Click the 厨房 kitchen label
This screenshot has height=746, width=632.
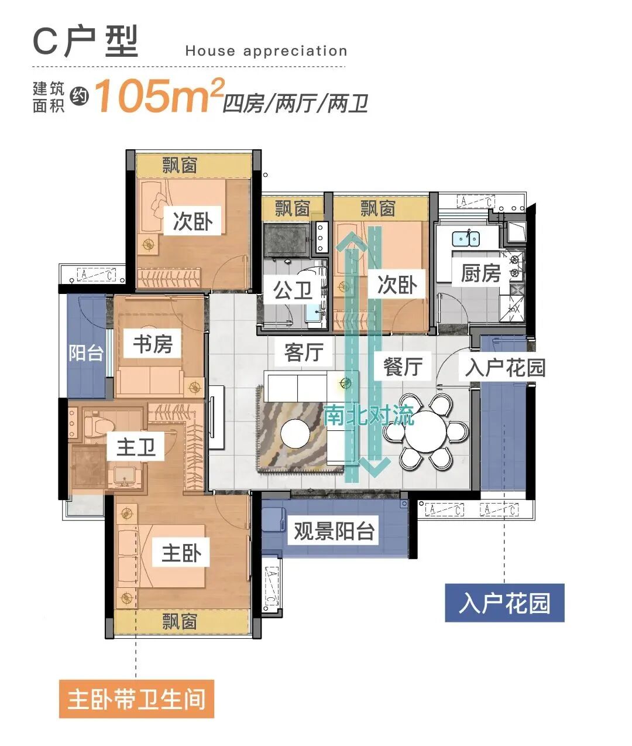point(480,273)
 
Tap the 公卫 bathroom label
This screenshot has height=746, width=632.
point(293,290)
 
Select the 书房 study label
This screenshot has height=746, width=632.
point(152,344)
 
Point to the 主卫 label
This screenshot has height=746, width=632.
point(136,447)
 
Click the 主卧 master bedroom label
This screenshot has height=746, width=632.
point(181,553)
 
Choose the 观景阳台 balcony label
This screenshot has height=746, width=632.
point(334,531)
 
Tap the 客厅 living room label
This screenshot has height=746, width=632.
point(304,353)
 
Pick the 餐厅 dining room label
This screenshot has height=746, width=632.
point(402,366)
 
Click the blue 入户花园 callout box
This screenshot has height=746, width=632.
point(504,603)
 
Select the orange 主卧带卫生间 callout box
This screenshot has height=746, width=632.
point(136,699)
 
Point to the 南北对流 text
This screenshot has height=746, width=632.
point(369,415)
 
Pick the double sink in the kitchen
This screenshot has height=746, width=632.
point(466,238)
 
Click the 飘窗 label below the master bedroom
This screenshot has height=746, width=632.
point(180,621)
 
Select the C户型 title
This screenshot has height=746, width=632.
point(85,42)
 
